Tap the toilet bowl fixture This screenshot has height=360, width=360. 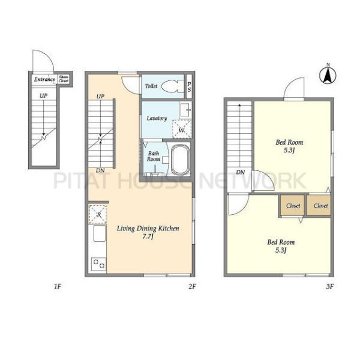tap(173, 86)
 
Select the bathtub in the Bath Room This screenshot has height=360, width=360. tap(181, 160)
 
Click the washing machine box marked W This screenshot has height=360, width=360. tap(182, 129)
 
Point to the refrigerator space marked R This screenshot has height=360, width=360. tap(98, 214)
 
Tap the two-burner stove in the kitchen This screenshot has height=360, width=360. tap(99, 264)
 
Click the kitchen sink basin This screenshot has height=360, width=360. tap(99, 233)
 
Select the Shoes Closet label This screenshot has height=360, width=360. tap(64, 79)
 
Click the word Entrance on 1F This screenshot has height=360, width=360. tap(44, 79)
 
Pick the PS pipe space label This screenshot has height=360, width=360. tap(189, 87)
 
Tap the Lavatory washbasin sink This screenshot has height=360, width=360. tap(185, 110)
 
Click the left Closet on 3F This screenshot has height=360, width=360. tap(293, 205)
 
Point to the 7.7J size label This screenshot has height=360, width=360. tap(148, 236)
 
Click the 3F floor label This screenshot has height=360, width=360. tap(329, 286)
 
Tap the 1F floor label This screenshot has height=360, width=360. tap(58, 286)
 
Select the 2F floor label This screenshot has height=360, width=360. tap(192, 286)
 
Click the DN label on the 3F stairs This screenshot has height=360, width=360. tap(241, 172)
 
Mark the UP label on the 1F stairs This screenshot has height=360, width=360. tap(43, 95)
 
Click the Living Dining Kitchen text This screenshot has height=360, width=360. tap(148, 229)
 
